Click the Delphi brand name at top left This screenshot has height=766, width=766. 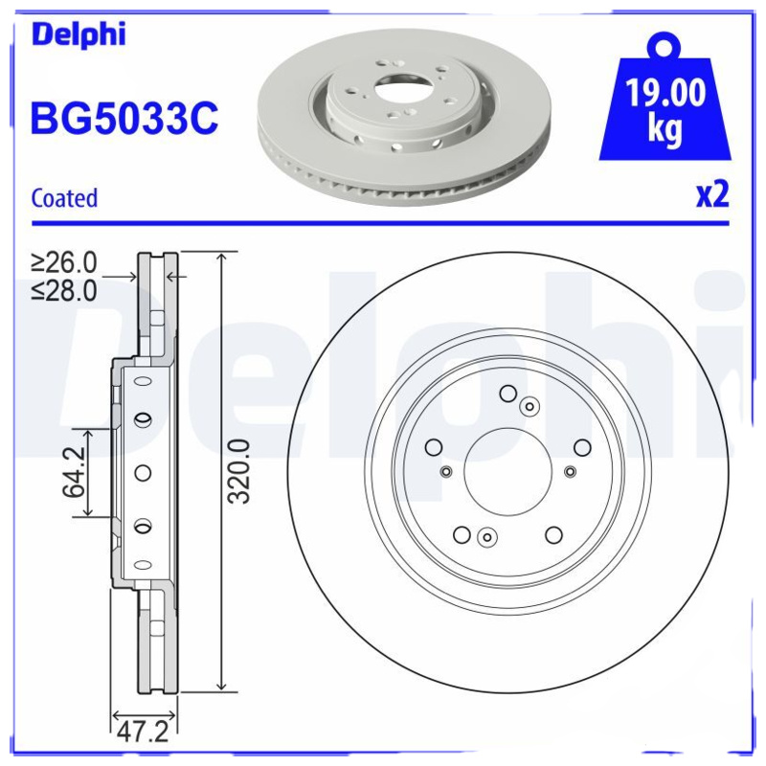coord(79,35)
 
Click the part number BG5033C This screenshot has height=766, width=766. coord(125,120)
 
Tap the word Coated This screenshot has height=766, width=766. coord(64,198)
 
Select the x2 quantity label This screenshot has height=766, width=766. coord(711,195)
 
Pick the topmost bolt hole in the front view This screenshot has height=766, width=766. coord(507,393)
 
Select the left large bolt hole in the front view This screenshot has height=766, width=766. coord(434,447)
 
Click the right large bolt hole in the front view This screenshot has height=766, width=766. coord(581,447)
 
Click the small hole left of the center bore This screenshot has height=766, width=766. coord(445,470)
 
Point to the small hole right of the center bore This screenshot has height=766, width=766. coord(570,470)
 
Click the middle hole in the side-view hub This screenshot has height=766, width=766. coord(143,471)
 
